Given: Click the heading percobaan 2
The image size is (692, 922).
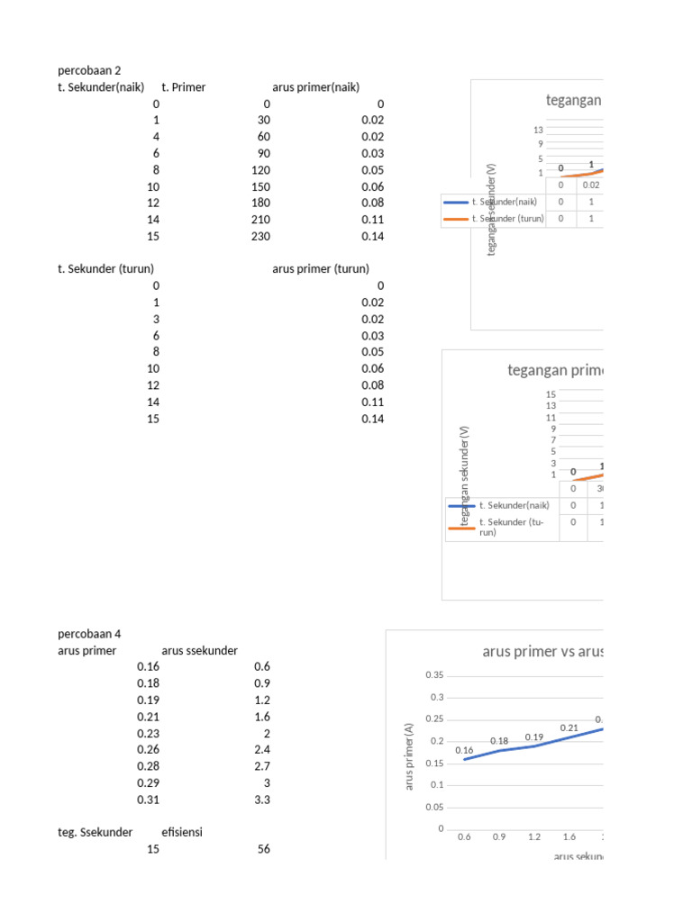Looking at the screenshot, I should point(89,70).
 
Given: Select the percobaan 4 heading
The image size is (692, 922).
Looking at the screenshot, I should point(89,634).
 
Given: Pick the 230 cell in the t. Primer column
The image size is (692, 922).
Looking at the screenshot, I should point(260,236).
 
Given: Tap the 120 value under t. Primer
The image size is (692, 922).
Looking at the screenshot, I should point(260,169).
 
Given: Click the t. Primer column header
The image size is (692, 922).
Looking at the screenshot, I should point(184,87).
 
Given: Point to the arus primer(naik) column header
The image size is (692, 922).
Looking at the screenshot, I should point(315,87).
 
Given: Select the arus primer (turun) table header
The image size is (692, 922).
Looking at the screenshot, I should point(320,268).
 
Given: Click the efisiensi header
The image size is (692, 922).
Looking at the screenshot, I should point(182,832).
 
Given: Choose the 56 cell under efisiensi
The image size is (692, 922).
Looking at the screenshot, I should point(262,849).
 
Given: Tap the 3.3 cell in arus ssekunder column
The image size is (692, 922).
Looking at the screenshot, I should point(261,800).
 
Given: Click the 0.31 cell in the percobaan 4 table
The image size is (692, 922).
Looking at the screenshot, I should point(148,800).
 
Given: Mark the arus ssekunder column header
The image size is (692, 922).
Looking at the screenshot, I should point(200,650).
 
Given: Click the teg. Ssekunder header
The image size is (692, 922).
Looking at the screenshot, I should point(96,832).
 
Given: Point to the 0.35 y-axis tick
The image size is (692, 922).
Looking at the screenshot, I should point(434,675).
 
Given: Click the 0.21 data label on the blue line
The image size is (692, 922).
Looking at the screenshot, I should point(569,728).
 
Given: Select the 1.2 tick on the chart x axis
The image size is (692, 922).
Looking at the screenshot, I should point(534,837).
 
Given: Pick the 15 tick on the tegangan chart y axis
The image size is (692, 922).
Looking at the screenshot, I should point(551,394).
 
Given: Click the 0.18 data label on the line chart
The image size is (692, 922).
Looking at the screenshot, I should point(499,741).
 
